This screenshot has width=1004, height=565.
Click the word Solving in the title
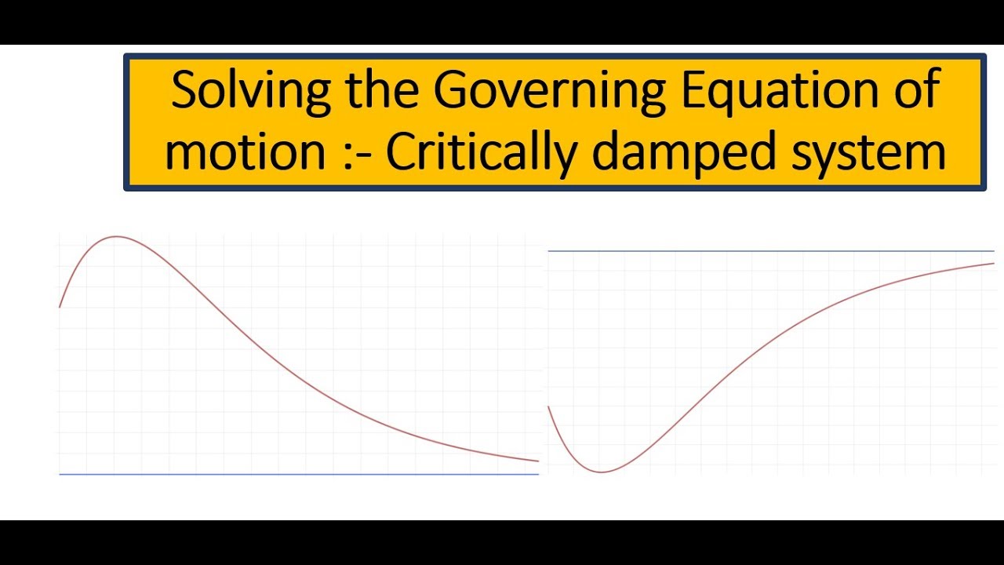pos(251,92)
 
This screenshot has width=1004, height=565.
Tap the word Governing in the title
pos(550,92)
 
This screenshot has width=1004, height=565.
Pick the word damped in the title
pos(683,152)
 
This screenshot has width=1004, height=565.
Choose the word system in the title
pos(868,154)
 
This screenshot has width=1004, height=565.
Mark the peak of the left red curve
pos(115,236)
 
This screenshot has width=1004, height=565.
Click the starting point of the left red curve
pos(60,307)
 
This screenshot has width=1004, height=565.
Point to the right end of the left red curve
pos(538,461)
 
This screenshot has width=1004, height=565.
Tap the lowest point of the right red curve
pos(601,472)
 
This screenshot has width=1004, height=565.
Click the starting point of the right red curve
pos(548,406)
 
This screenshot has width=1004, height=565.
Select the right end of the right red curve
pos(994,263)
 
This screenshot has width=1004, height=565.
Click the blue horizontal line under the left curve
pos(299,474)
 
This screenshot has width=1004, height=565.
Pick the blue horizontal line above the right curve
pos(771,251)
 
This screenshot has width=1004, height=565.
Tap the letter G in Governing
pos(451,89)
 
